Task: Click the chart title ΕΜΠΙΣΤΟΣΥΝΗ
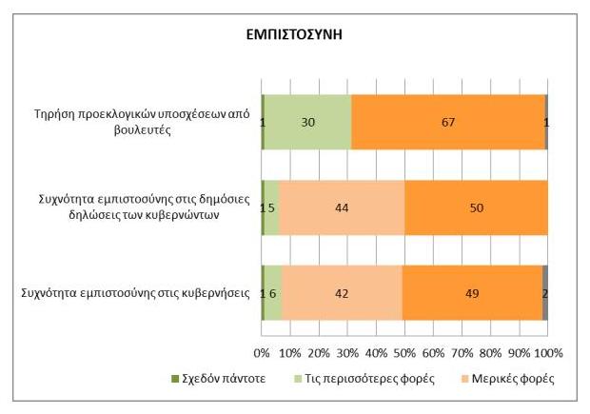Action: tap(295, 33)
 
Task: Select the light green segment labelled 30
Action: tap(307, 122)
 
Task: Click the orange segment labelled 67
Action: tap(447, 122)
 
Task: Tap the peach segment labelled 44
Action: tap(342, 207)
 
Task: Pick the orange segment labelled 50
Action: tap(476, 207)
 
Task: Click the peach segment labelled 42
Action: tap(342, 292)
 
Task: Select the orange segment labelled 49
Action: tap(472, 292)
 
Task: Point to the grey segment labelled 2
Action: tap(545, 292)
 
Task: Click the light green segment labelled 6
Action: tap(273, 292)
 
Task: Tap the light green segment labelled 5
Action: tap(271, 207)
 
